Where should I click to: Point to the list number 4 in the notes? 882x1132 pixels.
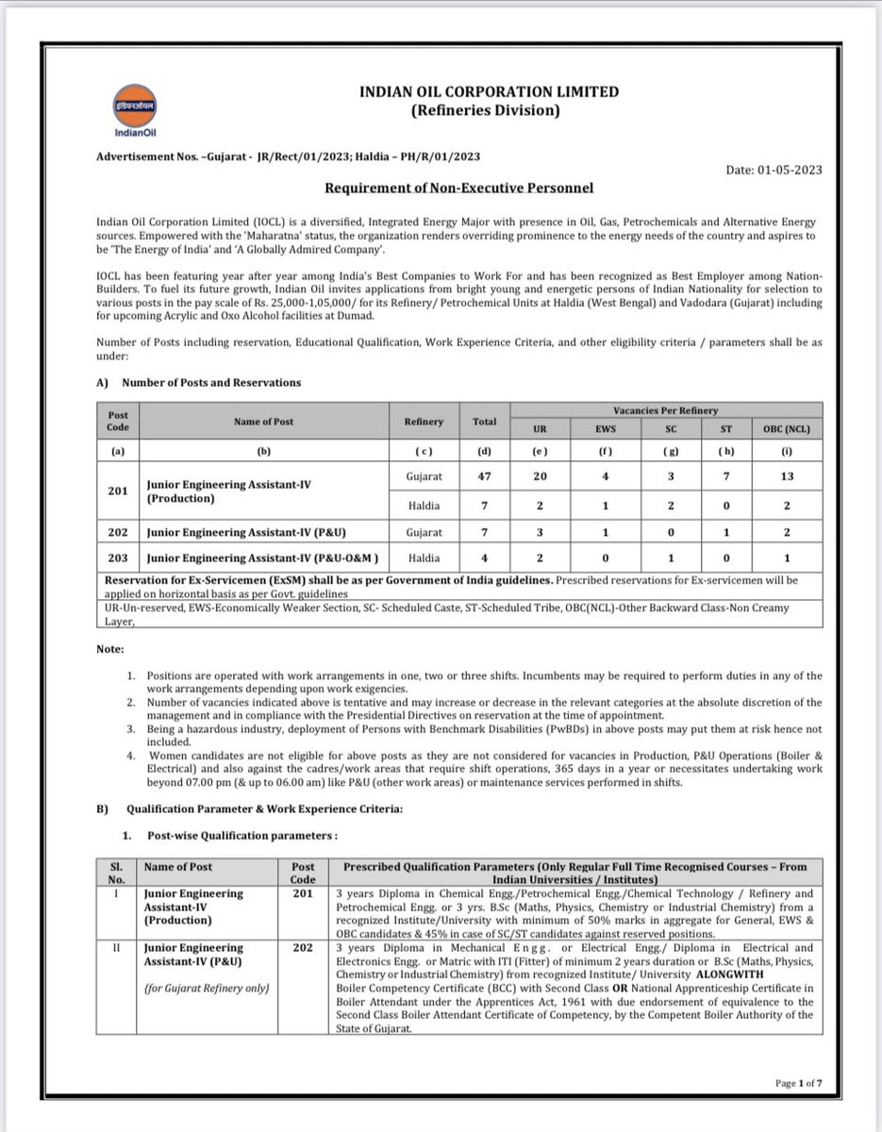131,755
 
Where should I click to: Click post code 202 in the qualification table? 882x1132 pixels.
302,947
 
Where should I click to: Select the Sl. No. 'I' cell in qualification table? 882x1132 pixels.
114,893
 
